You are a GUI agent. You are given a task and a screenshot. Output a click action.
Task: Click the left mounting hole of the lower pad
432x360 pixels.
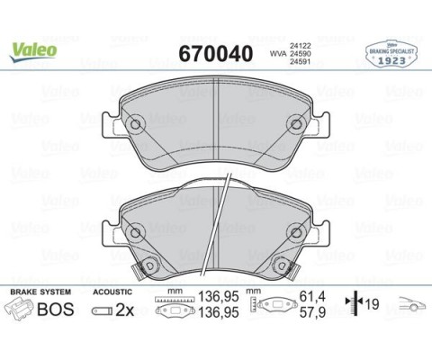coord(135,233)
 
